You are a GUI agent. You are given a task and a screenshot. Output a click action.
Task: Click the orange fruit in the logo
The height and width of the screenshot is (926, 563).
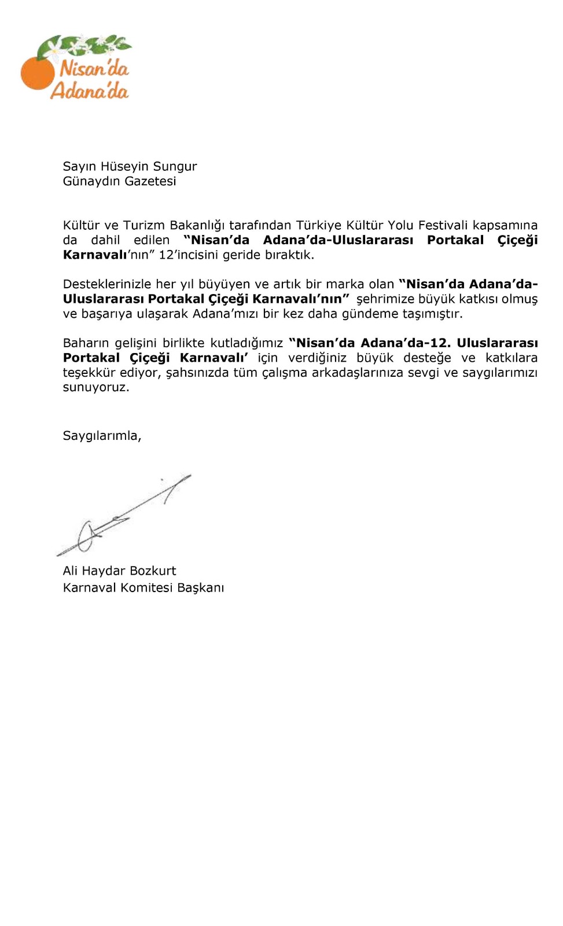[37, 74]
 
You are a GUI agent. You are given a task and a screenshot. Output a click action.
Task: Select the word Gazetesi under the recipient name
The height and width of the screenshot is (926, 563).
[150, 181]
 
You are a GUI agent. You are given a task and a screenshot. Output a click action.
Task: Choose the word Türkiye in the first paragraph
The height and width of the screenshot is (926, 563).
[319, 225]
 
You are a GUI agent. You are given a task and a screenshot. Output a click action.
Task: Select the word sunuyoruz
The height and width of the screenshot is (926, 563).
[95, 387]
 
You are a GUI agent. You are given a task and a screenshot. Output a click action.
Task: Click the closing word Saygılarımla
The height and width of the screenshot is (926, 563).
[101, 436]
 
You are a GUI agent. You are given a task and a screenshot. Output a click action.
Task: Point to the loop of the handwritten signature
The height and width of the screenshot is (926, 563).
[86, 535]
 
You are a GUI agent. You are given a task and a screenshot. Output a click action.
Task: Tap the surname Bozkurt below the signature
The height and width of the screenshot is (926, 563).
[153, 571]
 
